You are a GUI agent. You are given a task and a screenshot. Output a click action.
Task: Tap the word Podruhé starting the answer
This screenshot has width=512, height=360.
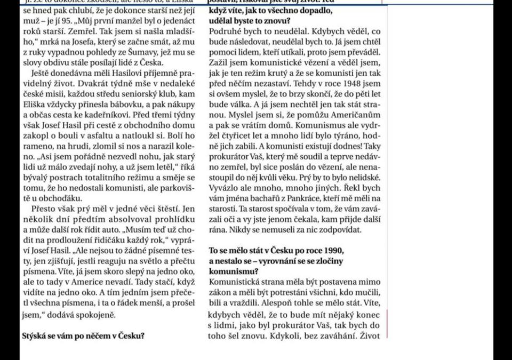pyautogui.click(x=226, y=32)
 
